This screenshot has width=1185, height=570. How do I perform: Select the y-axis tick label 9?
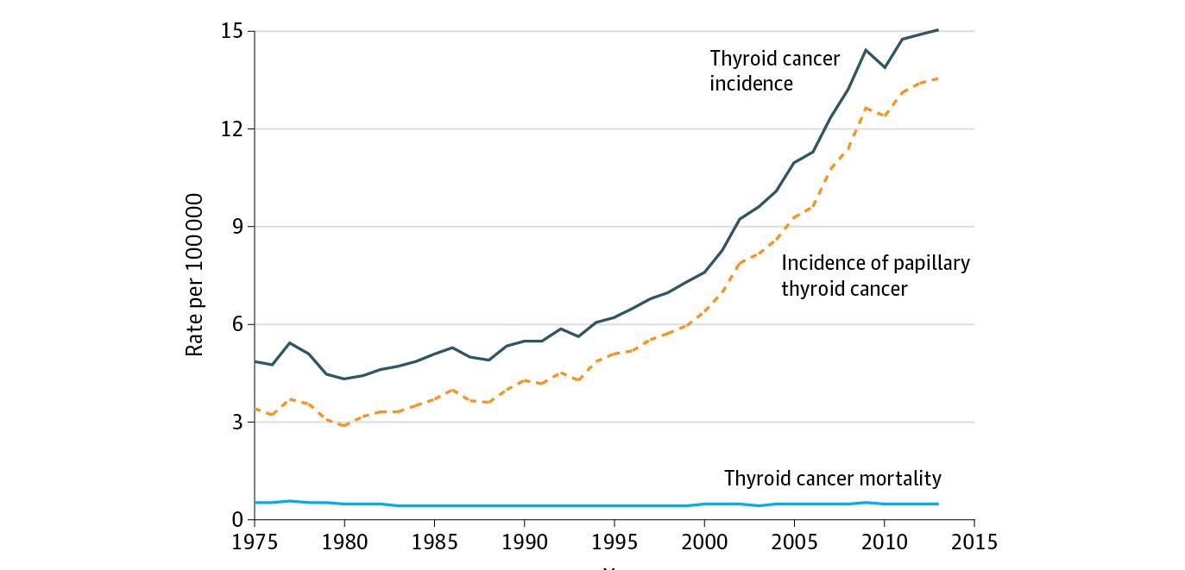237,227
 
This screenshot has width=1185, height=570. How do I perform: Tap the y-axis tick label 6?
237,324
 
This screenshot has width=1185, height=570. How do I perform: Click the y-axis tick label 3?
237,423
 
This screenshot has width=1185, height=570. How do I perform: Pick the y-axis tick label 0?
237,520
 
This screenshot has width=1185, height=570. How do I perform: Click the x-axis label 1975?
255,542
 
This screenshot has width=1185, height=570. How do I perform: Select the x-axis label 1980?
344,542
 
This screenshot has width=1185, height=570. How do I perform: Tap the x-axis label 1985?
434,542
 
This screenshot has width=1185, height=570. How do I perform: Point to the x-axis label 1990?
524,542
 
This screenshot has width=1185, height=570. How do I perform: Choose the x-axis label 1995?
614,542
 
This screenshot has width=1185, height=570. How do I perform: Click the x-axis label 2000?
704,542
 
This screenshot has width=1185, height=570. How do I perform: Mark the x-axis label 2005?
794,542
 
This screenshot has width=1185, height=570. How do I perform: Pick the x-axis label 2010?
884,542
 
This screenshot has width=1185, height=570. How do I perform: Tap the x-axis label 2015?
974,542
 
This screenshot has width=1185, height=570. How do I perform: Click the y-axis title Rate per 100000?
194,275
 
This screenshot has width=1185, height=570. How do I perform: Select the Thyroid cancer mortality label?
832,479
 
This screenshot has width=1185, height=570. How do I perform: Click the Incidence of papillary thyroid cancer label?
875,275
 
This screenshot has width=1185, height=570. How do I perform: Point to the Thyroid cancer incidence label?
774,71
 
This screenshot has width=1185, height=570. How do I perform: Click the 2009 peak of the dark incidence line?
866,50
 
